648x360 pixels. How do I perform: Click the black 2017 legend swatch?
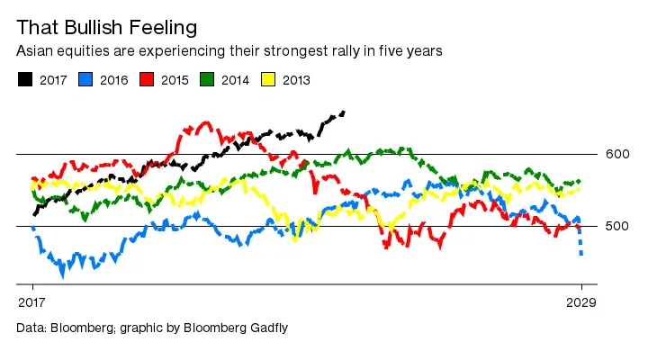(23, 80)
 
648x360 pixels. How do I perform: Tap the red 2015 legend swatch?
(146, 80)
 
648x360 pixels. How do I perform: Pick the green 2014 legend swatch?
(207, 80)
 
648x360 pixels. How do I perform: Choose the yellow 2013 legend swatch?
(268, 80)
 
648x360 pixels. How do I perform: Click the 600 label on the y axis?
(617, 155)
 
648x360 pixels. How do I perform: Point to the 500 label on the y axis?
(617, 226)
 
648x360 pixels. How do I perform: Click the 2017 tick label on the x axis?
(32, 302)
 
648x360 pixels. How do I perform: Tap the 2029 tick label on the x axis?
(581, 302)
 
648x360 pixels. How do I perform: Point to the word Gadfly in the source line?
(265, 328)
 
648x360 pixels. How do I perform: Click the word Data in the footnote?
(31, 328)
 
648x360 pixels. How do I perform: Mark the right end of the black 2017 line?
(344, 112)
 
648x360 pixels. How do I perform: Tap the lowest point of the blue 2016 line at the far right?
(581, 255)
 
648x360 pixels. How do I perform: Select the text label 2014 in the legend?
(235, 80)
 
